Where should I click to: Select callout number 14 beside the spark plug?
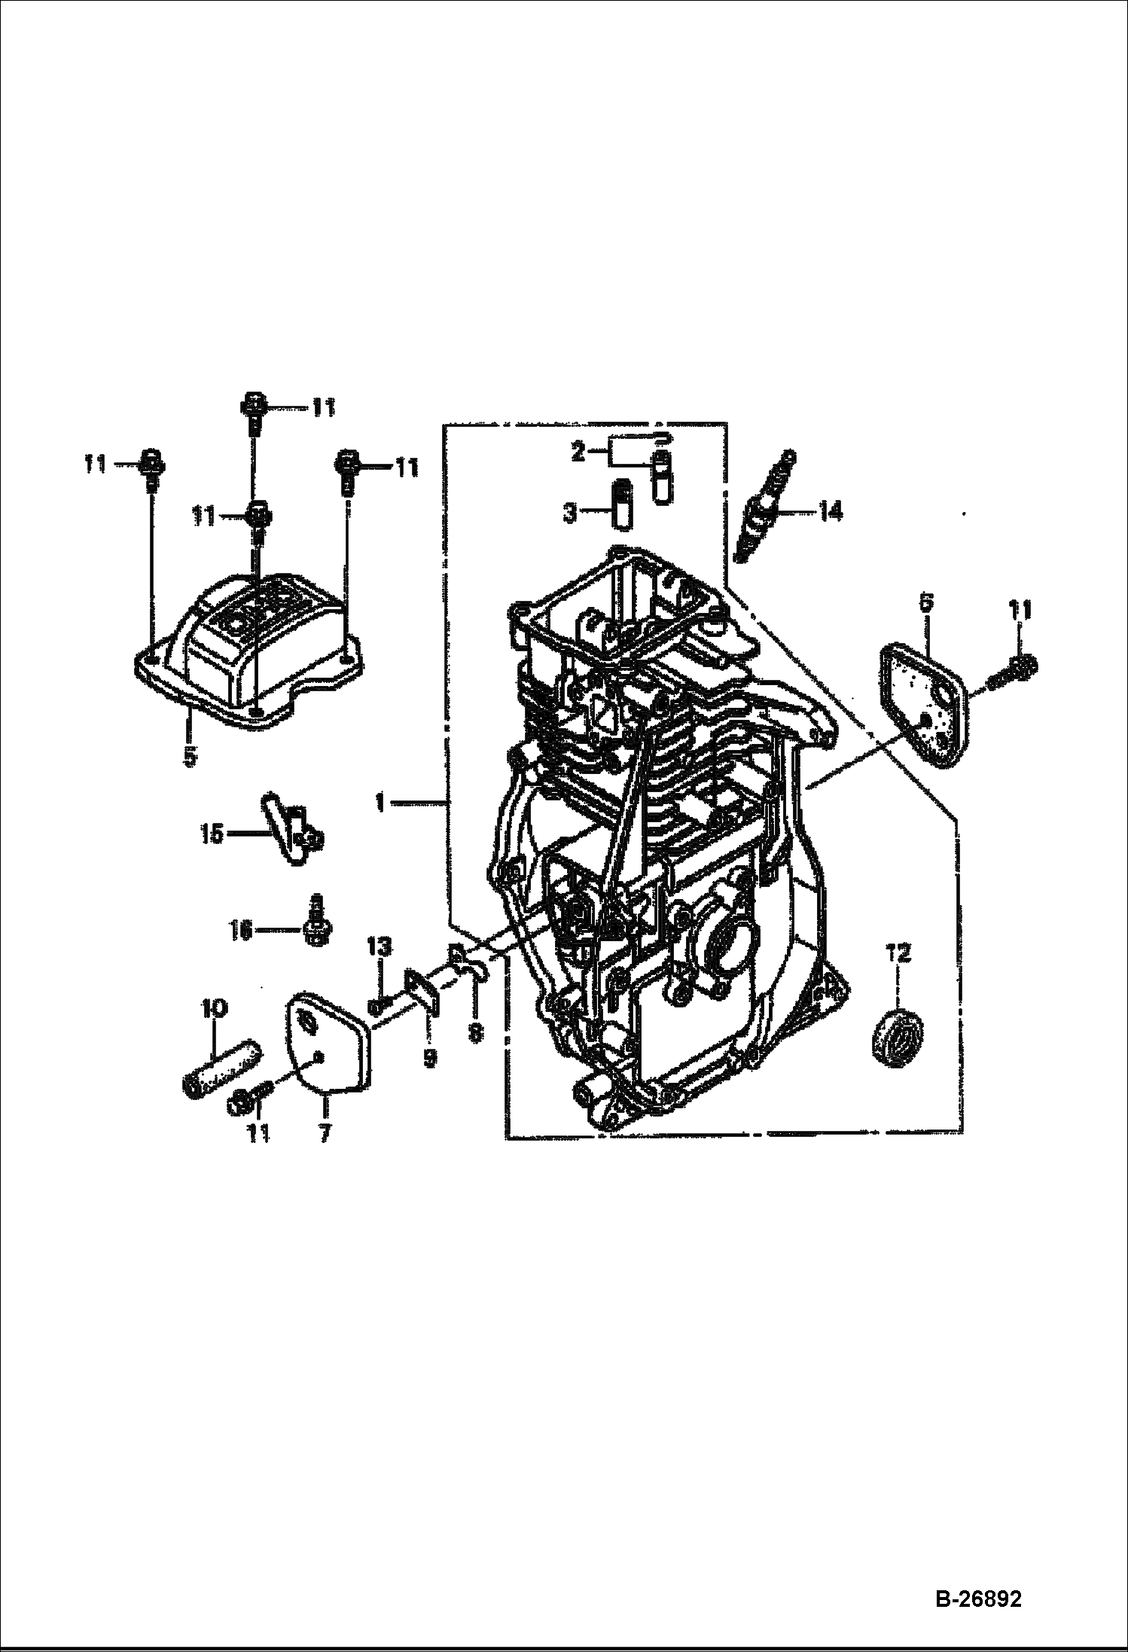point(831,512)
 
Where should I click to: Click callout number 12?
point(898,954)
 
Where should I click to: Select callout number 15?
point(212,834)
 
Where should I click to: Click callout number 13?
point(381,947)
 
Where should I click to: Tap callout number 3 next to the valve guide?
point(571,514)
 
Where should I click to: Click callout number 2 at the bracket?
point(578,453)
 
